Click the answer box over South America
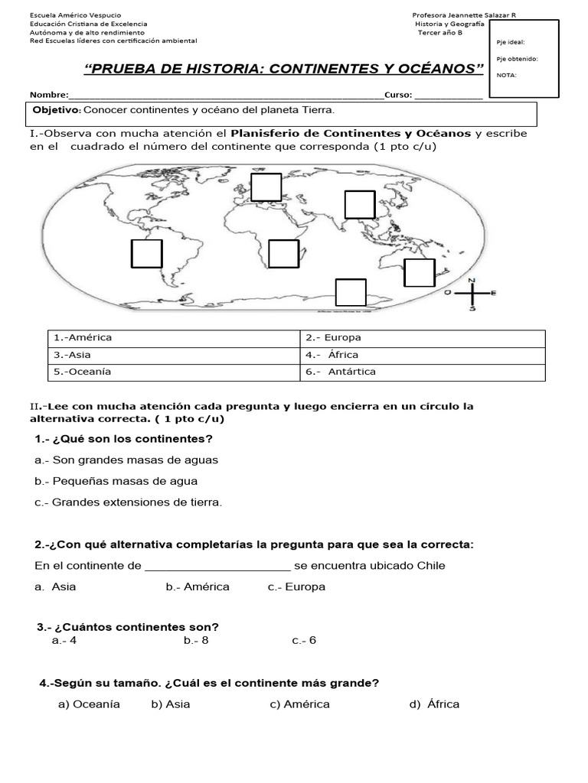(x=146, y=254)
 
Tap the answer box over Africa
(x=283, y=254)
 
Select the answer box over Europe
(x=266, y=187)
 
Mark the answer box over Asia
(x=359, y=204)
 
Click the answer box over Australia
(x=419, y=273)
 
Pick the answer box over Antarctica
(x=351, y=292)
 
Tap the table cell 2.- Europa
(x=422, y=338)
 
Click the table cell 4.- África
(x=422, y=355)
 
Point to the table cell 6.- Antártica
(x=422, y=372)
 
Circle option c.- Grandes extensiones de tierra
(x=129, y=502)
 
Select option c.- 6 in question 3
(x=304, y=641)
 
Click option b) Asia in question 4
(x=171, y=704)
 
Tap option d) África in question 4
(x=434, y=704)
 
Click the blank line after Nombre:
(x=226, y=96)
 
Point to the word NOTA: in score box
(x=506, y=75)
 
